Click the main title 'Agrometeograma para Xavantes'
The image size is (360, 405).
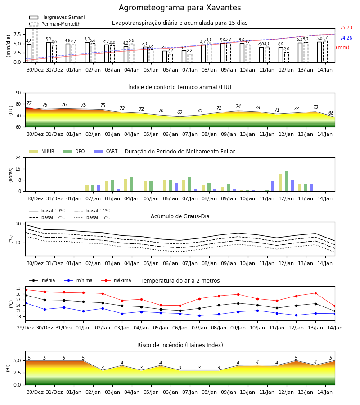(180, 8)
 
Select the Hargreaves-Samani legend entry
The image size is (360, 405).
(57, 17)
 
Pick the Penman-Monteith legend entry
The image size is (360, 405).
(55, 24)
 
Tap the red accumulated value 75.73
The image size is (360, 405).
(346, 27)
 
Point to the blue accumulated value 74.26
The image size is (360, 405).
(346, 38)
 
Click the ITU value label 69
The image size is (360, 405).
(180, 112)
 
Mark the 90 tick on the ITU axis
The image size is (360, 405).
(18, 93)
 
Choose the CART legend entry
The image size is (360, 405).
(106, 151)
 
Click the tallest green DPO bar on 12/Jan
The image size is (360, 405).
(286, 181)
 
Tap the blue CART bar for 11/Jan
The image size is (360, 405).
(273, 186)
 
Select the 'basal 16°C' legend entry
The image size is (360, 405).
(92, 217)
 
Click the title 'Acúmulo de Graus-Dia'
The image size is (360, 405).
(180, 216)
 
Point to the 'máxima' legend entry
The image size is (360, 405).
(116, 280)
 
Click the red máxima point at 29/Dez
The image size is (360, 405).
(25, 290)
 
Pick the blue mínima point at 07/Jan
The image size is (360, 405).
(199, 315)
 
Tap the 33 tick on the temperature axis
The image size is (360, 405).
(18, 288)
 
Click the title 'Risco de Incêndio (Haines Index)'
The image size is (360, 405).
(180, 345)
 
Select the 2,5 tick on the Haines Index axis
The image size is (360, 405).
(18, 373)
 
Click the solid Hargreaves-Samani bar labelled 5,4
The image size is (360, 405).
(319, 52)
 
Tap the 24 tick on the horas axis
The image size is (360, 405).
(18, 157)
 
